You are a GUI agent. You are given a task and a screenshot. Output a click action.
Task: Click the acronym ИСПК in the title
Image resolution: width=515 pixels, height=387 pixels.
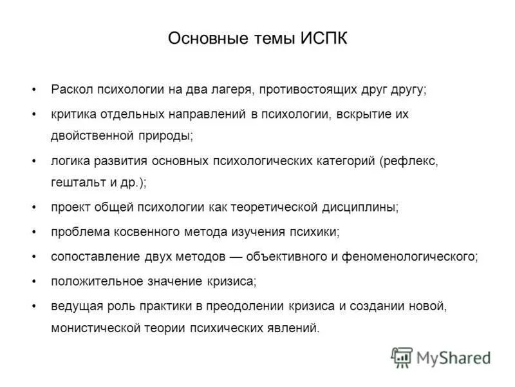coord(323,39)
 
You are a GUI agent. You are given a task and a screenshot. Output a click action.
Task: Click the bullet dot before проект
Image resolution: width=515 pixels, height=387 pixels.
coord(33,207)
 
